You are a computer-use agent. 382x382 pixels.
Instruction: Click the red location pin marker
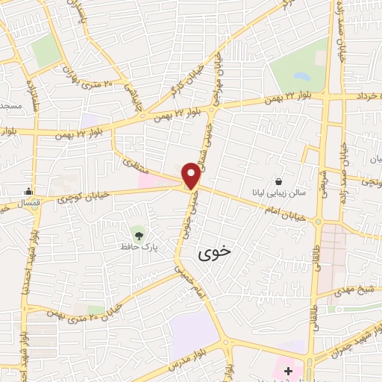pyautogui.click(x=191, y=175)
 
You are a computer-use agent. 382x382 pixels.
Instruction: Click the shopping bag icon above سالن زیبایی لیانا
pyautogui.click(x=278, y=181)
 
